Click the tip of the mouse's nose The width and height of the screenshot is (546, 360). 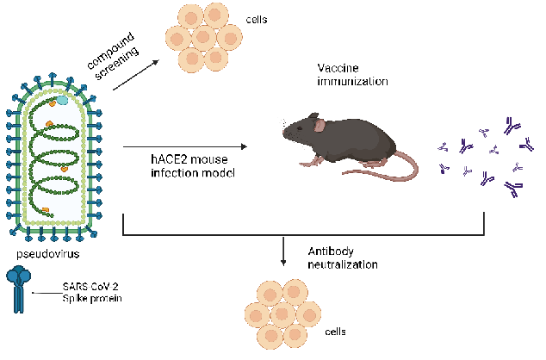click(x=284, y=133)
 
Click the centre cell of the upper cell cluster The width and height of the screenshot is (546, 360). click(x=204, y=37)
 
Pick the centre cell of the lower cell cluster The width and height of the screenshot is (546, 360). click(x=282, y=314)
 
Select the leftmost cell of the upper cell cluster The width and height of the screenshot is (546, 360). click(x=178, y=38)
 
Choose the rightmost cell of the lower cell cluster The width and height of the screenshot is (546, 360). click(x=308, y=313)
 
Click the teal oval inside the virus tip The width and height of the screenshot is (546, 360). click(x=62, y=100)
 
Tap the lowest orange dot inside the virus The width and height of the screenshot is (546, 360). click(x=45, y=209)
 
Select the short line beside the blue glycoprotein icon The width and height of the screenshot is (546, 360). click(x=47, y=294)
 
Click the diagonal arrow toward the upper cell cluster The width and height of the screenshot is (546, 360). click(x=135, y=76)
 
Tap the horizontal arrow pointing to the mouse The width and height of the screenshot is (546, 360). click(x=184, y=147)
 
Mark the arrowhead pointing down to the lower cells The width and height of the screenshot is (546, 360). click(x=283, y=260)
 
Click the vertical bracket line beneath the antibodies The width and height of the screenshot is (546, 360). click(x=484, y=222)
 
